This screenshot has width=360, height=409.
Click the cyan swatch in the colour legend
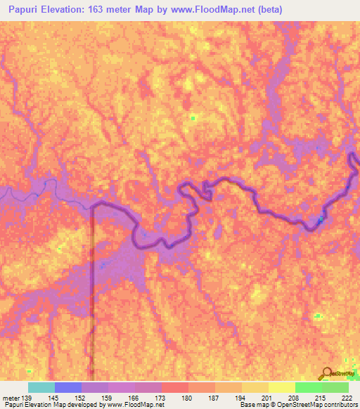point(41,387)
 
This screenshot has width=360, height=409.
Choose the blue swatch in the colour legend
point(68,387)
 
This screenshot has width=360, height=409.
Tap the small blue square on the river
point(321,220)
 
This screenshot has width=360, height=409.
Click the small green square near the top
point(193,118)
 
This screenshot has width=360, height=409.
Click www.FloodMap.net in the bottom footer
point(139,405)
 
